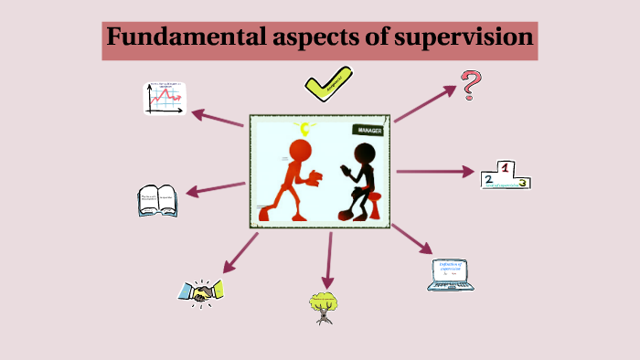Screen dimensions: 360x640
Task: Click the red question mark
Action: tap(471, 86)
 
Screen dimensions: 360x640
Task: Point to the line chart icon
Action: tap(165, 98)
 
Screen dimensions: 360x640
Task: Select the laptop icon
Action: tap(453, 274)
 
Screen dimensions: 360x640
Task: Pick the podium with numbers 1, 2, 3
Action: tap(506, 175)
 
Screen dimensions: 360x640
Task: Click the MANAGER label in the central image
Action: tap(368, 130)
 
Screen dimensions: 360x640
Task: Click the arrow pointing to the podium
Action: tap(435, 171)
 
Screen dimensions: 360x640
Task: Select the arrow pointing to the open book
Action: tap(216, 188)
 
